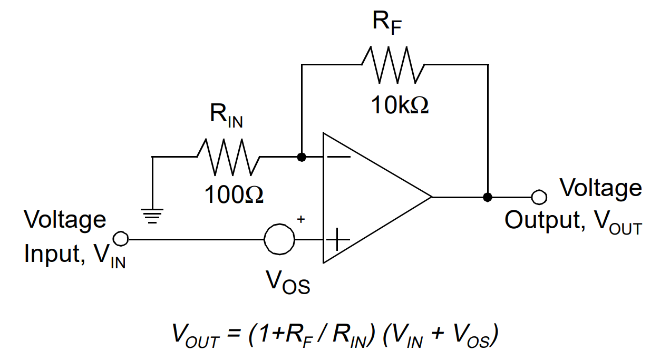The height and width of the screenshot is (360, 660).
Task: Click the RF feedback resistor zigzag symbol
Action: point(393,64)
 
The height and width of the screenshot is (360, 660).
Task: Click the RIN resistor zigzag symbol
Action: point(228,157)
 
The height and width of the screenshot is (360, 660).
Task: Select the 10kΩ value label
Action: point(400,105)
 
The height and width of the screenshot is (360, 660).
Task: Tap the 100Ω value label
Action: point(234,196)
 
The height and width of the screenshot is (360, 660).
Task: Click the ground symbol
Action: point(152,216)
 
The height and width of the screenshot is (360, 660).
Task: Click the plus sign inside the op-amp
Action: point(338,240)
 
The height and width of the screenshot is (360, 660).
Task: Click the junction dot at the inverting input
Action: point(301,157)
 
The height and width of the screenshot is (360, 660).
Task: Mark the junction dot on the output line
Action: point(488,197)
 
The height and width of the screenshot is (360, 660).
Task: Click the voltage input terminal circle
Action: point(121,239)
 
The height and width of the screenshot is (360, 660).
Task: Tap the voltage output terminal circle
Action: point(538,197)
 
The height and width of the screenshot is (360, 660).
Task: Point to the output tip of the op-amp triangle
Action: point(431,197)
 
